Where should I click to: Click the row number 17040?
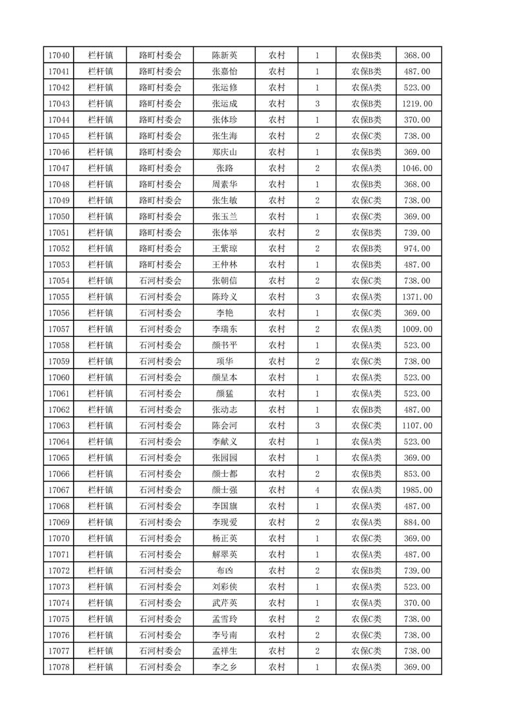[59, 55]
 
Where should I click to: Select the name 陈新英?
[224, 55]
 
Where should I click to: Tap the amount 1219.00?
[417, 104]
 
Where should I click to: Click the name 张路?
[224, 168]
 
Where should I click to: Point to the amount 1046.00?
[417, 168]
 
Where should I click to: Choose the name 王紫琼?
[224, 249]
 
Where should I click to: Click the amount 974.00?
[417, 249]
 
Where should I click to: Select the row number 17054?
[59, 281]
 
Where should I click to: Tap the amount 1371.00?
[417, 297]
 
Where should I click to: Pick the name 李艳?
[224, 313]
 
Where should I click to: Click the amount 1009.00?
[417, 329]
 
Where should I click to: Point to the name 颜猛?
[224, 394]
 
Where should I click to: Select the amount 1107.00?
[417, 426]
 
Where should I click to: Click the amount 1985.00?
[417, 490]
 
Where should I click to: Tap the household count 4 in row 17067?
[317, 490]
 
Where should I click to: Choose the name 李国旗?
[224, 507]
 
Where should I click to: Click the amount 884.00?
[417, 523]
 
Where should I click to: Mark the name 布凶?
[224, 571]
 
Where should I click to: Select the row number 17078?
[59, 667]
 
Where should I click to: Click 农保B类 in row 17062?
[366, 410]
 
